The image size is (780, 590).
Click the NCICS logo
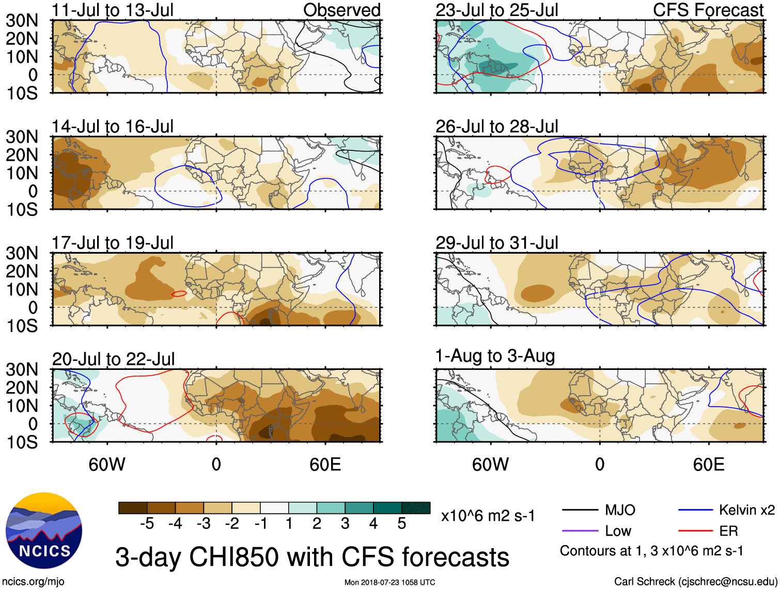(44, 531)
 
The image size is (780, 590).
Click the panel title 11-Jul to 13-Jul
(113, 10)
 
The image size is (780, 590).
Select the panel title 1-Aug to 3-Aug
(495, 356)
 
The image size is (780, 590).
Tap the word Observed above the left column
(341, 10)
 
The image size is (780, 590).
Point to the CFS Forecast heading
(708, 10)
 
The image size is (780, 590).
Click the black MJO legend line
(580, 510)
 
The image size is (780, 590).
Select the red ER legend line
(695, 531)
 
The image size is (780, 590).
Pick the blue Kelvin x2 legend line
(695, 510)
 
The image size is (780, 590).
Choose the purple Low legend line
(580, 531)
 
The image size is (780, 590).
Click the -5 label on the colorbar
(147, 524)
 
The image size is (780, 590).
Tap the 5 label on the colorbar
(402, 524)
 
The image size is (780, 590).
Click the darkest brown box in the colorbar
(133, 508)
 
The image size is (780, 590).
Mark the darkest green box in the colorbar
(416, 508)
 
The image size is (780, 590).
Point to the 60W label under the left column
(107, 464)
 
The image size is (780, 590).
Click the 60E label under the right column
(709, 464)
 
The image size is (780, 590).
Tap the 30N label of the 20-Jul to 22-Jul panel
(22, 369)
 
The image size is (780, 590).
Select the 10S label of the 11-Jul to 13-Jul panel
(22, 94)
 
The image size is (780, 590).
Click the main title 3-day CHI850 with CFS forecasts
(312, 557)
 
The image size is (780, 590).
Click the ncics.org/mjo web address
(33, 582)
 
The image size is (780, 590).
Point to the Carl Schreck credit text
(695, 582)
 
